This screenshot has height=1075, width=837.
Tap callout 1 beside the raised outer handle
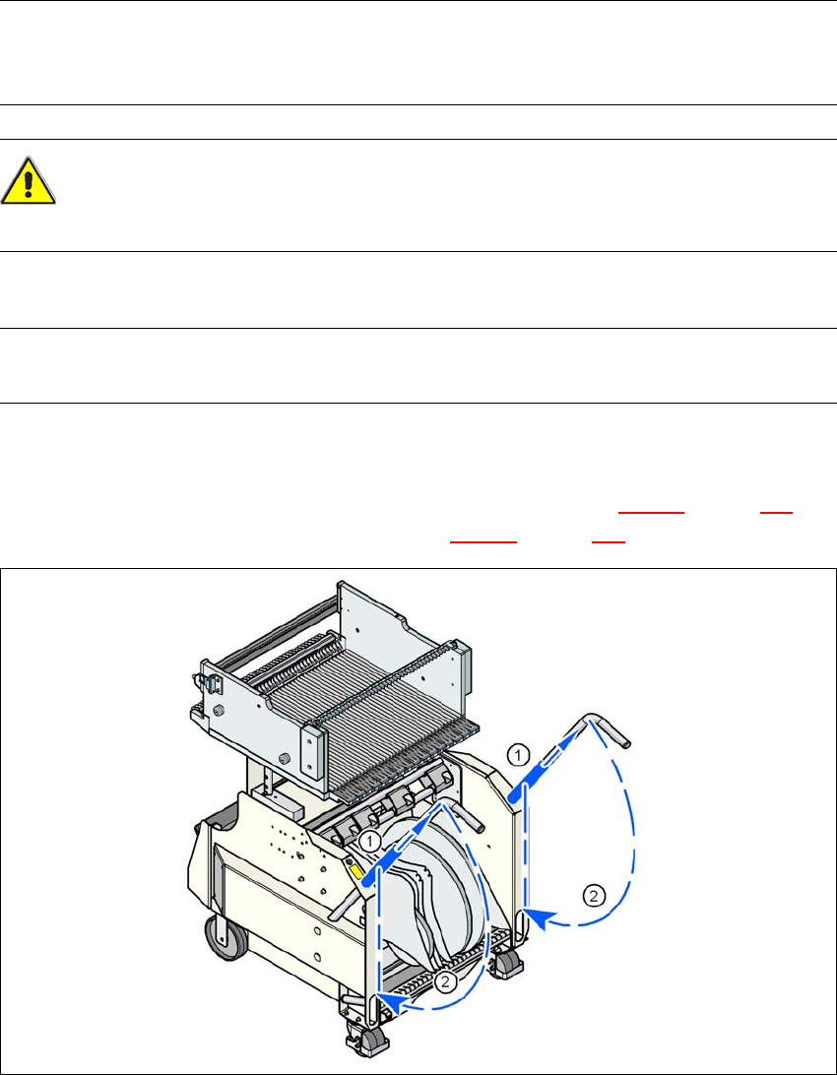pos(519,755)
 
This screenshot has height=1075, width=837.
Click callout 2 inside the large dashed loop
pos(594,896)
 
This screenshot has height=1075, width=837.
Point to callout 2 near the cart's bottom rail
pos(445,982)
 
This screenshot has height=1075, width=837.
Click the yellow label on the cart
pos(357,870)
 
